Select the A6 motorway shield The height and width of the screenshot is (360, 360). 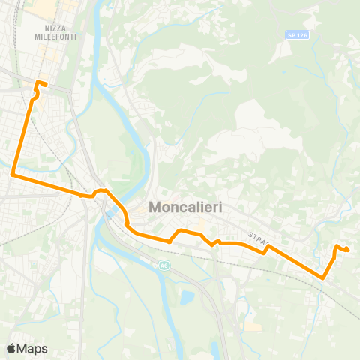point(163,265)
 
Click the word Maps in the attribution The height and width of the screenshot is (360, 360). point(32,348)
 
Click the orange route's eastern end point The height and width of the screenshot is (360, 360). point(348,249)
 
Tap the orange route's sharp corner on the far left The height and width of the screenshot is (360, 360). point(13,175)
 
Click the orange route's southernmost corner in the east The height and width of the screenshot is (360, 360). point(323,277)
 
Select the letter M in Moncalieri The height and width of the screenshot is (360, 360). point(156,206)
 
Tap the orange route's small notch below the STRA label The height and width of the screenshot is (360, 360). point(264,252)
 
